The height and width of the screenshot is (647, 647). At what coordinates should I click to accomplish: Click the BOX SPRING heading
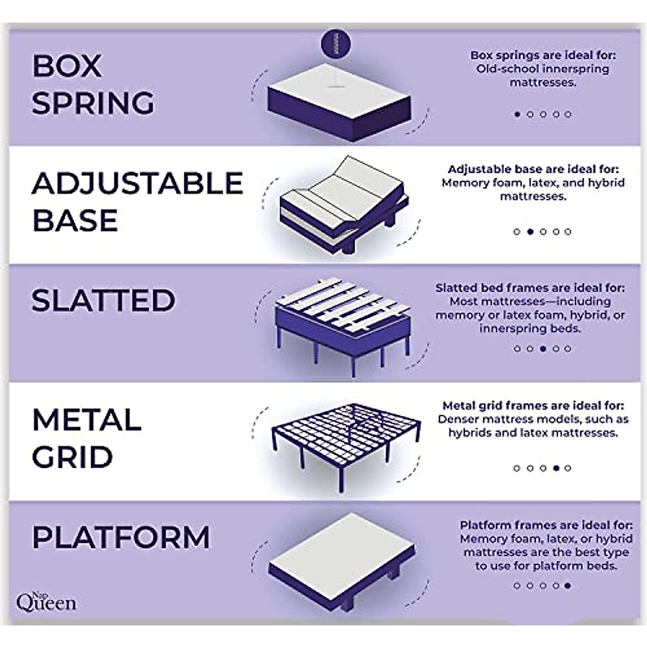(x=93, y=84)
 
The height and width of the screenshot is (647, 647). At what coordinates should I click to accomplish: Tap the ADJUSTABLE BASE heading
(x=137, y=202)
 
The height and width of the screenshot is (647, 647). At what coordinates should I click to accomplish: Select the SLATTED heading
(x=104, y=300)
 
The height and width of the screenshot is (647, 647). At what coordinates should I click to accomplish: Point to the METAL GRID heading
(x=86, y=438)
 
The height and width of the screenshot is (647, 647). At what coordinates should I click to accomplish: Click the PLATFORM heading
(x=121, y=537)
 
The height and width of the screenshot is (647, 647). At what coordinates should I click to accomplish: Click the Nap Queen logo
(x=46, y=600)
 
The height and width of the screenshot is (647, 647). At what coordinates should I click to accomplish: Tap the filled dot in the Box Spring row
(x=517, y=114)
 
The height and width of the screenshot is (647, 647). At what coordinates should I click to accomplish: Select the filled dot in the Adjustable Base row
(x=530, y=232)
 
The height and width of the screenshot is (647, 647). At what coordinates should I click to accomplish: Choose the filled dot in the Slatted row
(x=542, y=349)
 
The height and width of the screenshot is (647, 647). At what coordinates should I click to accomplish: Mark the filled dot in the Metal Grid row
(x=555, y=468)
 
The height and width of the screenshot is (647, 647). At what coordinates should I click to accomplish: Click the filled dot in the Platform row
(x=567, y=586)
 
